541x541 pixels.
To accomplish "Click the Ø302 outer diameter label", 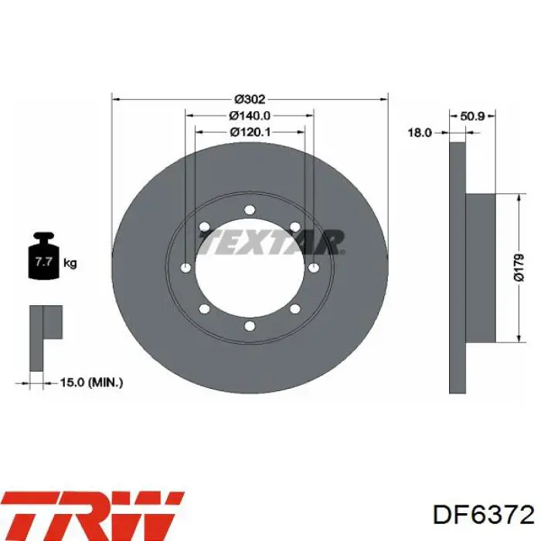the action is coord(250,100).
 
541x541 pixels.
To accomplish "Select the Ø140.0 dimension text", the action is coord(250,116).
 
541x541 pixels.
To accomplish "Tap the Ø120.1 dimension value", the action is coord(250,132).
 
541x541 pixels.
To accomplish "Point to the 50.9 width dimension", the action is coord(472,116).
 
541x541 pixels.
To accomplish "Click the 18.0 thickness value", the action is coord(420,132).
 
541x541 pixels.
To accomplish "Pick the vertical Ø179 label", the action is coord(519,267).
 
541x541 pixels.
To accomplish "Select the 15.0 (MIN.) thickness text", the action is coord(91,383).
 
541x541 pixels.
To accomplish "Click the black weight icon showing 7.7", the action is coord(43,256).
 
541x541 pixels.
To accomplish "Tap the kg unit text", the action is coord(70,264).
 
